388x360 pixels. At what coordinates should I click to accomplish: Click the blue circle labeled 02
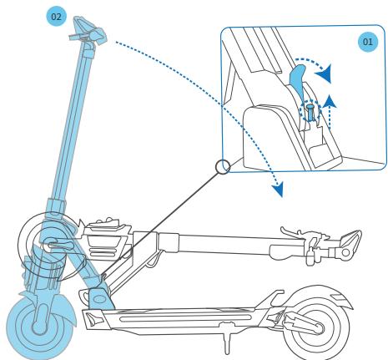(57, 16)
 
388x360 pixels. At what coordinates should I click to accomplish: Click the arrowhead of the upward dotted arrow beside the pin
(334, 99)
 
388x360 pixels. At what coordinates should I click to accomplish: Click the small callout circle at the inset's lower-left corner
(222, 167)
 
